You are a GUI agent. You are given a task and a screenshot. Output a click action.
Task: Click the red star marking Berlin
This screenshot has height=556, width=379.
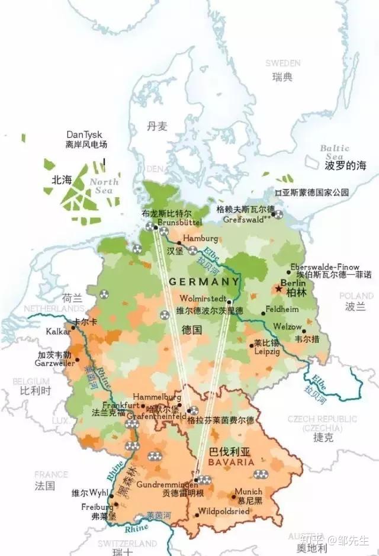point(279,289)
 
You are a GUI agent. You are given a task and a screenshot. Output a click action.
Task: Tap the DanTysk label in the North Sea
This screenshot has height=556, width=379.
point(84,135)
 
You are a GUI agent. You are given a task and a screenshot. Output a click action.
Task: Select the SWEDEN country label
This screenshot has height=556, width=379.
point(282,63)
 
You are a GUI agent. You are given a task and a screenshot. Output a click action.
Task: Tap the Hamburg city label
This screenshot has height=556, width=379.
point(200,238)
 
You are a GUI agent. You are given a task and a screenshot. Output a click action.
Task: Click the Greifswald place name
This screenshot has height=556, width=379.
point(243,218)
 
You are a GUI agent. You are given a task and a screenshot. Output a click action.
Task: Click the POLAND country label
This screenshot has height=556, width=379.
point(356,296)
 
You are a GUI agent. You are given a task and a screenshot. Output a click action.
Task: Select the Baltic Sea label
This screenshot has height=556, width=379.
point(335,152)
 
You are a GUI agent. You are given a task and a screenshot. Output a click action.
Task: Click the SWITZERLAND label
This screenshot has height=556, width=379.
point(127,543)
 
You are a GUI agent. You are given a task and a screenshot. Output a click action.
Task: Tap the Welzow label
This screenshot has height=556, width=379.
point(287,326)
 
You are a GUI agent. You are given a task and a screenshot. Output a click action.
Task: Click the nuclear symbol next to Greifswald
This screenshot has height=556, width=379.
point(278,215)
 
